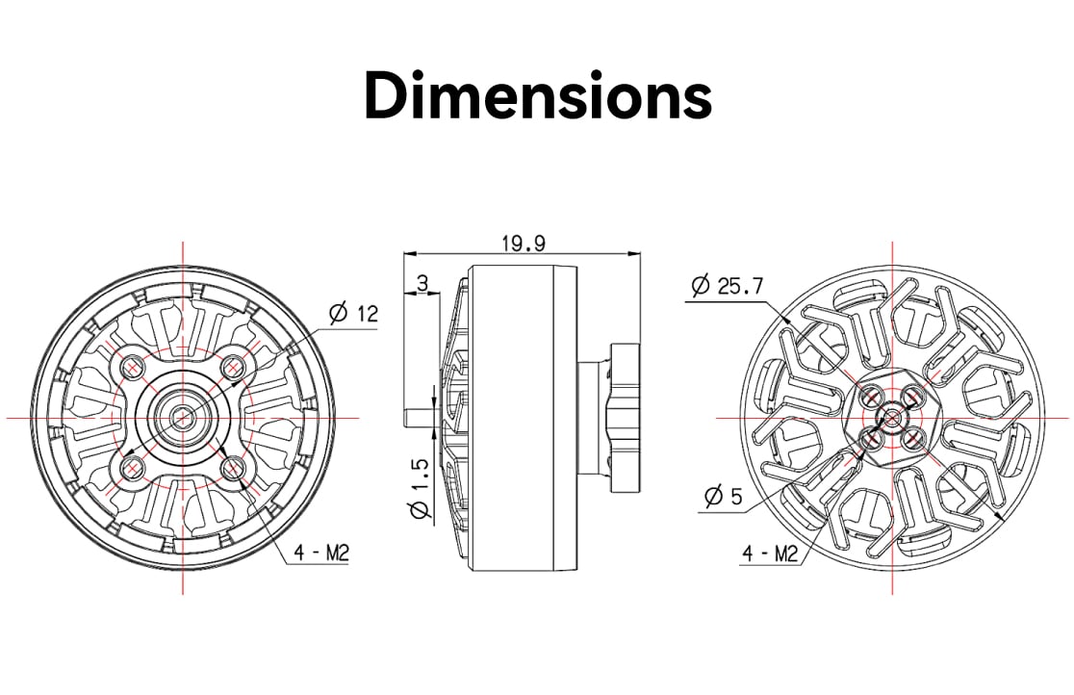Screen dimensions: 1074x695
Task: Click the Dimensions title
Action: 538,95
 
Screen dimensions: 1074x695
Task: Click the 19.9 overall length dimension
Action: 524,244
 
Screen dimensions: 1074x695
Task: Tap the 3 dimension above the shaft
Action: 422,282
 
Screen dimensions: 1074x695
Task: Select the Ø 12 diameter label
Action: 353,313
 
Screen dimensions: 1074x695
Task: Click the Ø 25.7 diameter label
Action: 727,285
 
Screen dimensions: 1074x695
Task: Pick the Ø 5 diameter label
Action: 724,496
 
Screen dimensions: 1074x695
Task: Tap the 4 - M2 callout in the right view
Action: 771,553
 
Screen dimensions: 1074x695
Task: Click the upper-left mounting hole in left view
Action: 132,368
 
